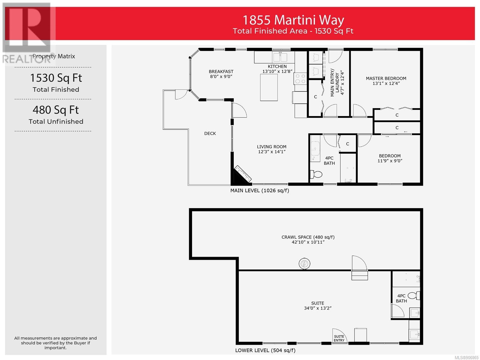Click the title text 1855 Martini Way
point(293,20)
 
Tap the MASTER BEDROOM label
point(386,79)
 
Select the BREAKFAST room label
point(221,71)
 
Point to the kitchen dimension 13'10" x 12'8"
point(277,71)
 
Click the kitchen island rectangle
point(269,87)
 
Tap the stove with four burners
point(300,79)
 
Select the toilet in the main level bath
point(316,174)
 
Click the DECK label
point(210,133)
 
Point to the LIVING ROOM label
point(271,147)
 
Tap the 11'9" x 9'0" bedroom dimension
point(390,161)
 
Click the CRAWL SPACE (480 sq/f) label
point(308,237)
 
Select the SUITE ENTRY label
point(339,338)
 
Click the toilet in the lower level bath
point(414,296)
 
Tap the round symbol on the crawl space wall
point(304,264)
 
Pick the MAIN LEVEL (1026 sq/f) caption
point(259,190)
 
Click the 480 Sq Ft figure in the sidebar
point(55,110)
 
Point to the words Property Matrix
point(54,56)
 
